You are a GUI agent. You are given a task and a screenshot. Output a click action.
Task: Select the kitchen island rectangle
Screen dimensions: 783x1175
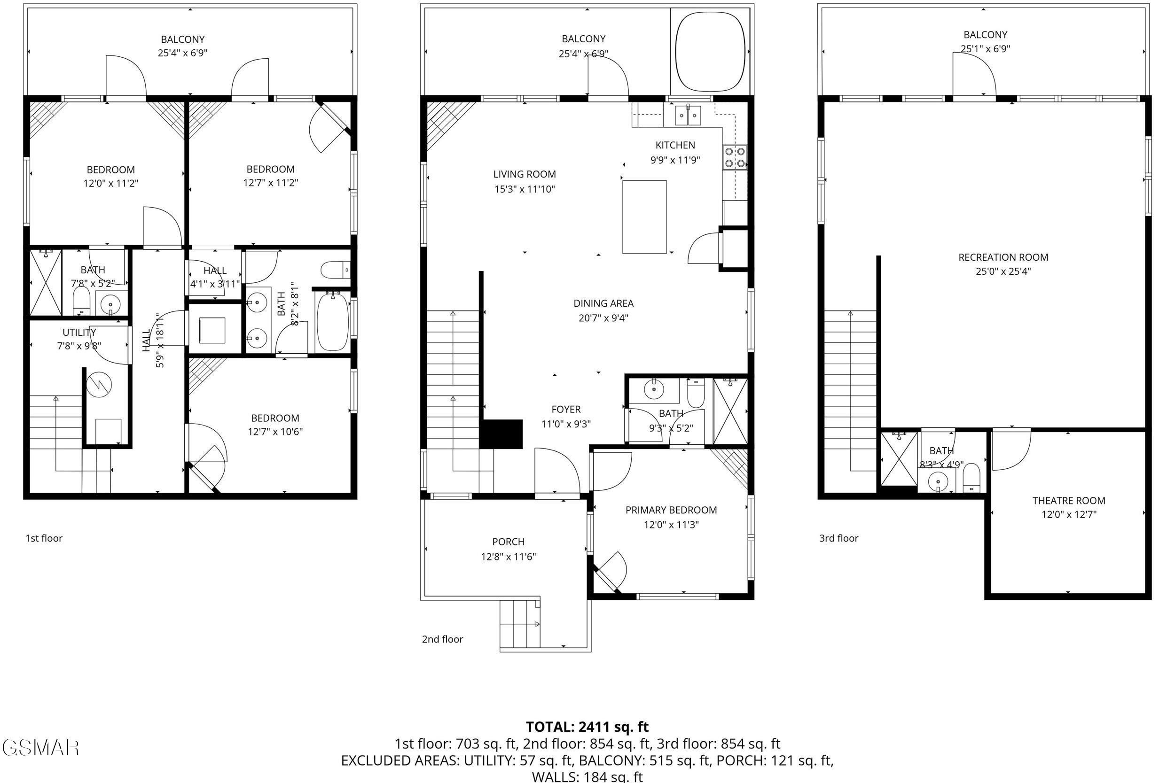(x=644, y=217)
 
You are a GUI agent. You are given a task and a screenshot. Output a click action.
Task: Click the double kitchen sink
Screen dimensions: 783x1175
(x=688, y=116)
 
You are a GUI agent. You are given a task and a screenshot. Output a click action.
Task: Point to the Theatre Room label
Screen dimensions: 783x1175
(x=1069, y=500)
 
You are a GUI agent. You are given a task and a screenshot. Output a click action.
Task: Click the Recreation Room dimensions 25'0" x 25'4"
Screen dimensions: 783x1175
(x=1003, y=271)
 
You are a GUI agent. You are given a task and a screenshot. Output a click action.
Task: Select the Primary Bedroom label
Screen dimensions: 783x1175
(x=671, y=510)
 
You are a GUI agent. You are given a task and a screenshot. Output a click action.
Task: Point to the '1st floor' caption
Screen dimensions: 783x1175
(x=44, y=538)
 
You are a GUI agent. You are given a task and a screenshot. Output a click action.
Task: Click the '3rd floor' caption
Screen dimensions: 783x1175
(x=838, y=538)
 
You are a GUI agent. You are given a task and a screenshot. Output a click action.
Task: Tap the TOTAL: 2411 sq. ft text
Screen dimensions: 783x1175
(x=587, y=727)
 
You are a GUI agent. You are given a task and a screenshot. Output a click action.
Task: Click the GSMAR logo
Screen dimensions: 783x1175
(x=40, y=748)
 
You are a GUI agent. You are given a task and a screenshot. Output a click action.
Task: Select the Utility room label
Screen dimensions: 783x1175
(x=79, y=332)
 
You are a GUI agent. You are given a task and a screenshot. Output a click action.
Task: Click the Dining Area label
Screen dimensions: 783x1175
(x=603, y=303)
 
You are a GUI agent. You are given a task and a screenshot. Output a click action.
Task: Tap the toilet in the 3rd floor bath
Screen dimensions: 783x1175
(x=971, y=477)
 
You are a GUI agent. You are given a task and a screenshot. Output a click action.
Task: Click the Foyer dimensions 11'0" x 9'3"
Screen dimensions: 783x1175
(x=565, y=424)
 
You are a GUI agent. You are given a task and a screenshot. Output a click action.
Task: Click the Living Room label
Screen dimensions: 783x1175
(x=524, y=174)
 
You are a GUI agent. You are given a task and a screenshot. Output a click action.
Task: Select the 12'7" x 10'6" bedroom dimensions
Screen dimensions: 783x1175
(x=275, y=432)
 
